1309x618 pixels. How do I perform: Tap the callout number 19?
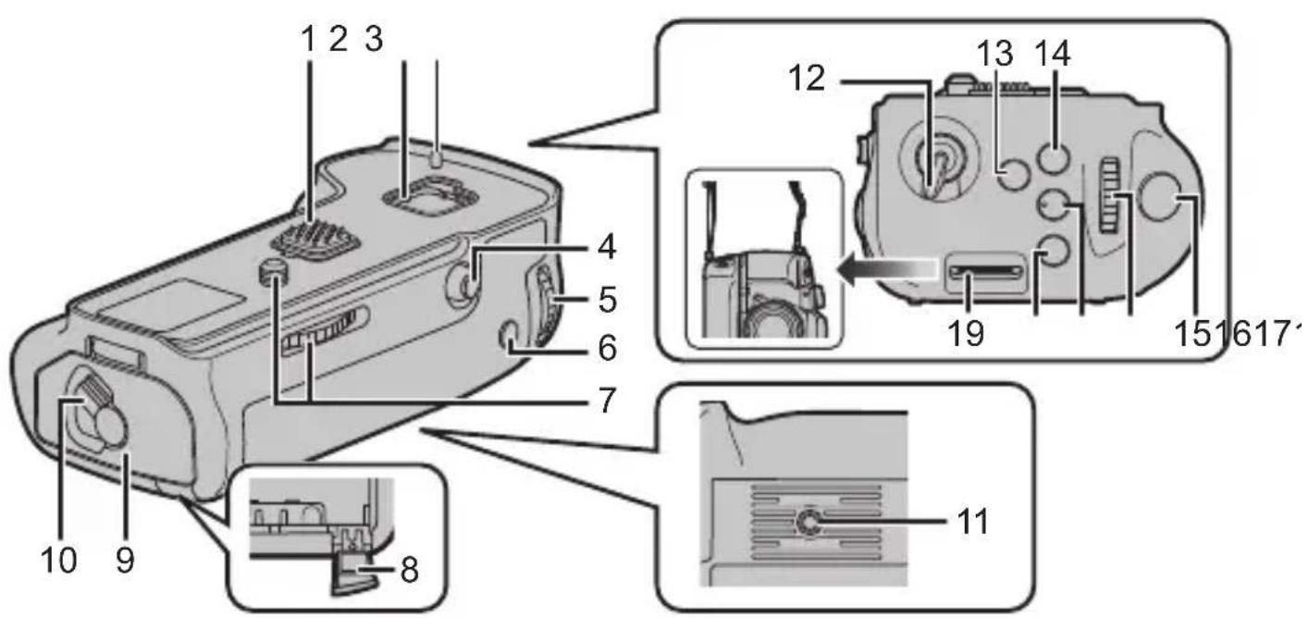(x=965, y=333)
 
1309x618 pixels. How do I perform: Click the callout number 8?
(x=408, y=569)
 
